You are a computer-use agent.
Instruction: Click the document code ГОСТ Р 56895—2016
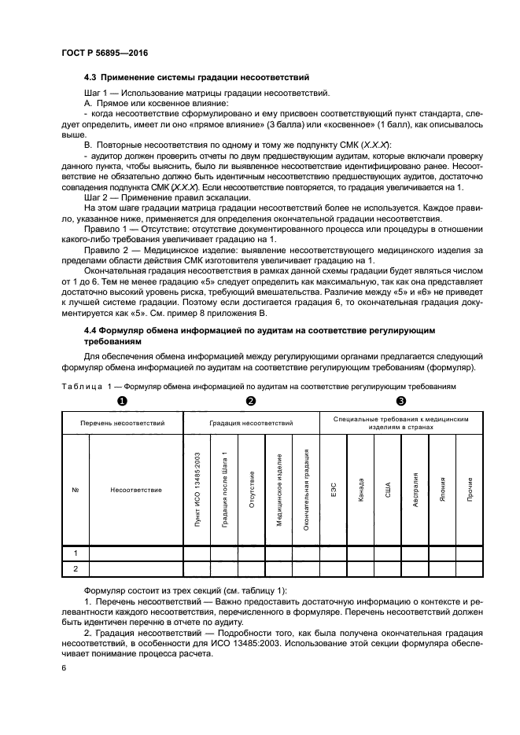point(104,52)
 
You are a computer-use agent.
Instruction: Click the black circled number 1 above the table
point(122,401)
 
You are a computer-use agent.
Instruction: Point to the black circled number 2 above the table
point(251,401)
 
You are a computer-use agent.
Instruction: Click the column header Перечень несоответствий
point(122,423)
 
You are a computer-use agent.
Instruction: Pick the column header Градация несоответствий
point(251,423)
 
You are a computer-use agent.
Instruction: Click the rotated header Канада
point(360,490)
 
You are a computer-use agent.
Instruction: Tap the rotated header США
point(388,490)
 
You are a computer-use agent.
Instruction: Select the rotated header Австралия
point(415,490)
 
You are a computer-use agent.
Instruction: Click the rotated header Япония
point(442,490)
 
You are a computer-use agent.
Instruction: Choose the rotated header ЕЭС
point(333,490)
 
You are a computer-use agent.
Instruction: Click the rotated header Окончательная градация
point(305,490)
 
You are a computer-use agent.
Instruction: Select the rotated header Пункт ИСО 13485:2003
point(197,490)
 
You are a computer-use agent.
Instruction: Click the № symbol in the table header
point(76,490)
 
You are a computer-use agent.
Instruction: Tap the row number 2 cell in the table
point(76,568)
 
